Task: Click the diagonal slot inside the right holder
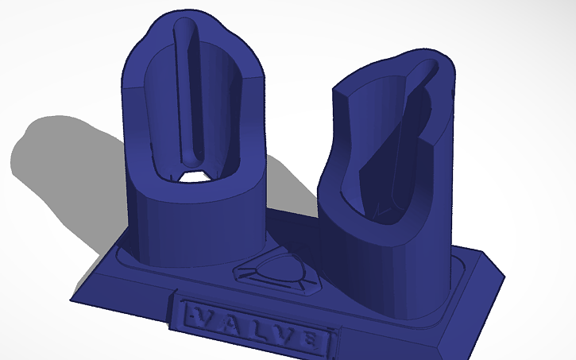pyautogui.click(x=401, y=119)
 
